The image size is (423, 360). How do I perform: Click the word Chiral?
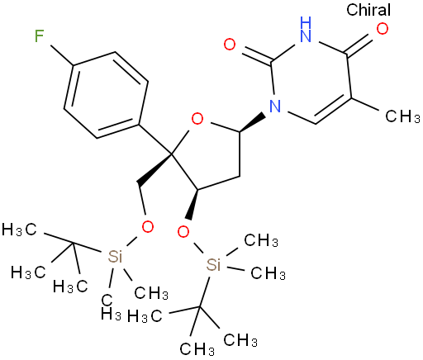click(x=368, y=10)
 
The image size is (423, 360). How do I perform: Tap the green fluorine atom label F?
click(x=40, y=36)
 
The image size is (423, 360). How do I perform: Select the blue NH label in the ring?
click(x=306, y=29)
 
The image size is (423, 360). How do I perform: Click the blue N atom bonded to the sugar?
click(x=275, y=107)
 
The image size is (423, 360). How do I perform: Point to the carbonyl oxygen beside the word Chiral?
click(x=383, y=29)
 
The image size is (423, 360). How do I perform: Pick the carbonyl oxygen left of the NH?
click(x=230, y=45)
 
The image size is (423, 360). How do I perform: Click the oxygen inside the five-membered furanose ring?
click(x=197, y=120)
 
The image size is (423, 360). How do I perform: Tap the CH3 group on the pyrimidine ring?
click(x=402, y=116)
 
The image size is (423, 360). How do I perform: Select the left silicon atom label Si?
click(x=115, y=257)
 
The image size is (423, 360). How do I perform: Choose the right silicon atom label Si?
click(x=213, y=265)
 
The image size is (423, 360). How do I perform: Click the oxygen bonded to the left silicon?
click(x=147, y=227)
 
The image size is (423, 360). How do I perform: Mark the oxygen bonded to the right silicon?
click(x=183, y=232)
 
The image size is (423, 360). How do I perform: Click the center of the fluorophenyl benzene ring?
click(x=106, y=95)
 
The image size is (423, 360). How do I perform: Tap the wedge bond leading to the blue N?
click(x=253, y=122)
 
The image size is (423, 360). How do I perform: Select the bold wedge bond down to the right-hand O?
click(x=192, y=204)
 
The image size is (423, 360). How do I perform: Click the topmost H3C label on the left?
click(x=19, y=230)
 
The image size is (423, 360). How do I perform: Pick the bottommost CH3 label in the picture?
click(x=197, y=349)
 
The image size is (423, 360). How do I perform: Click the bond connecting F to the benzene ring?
click(x=62, y=56)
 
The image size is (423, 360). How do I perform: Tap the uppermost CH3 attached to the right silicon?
click(x=261, y=240)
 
